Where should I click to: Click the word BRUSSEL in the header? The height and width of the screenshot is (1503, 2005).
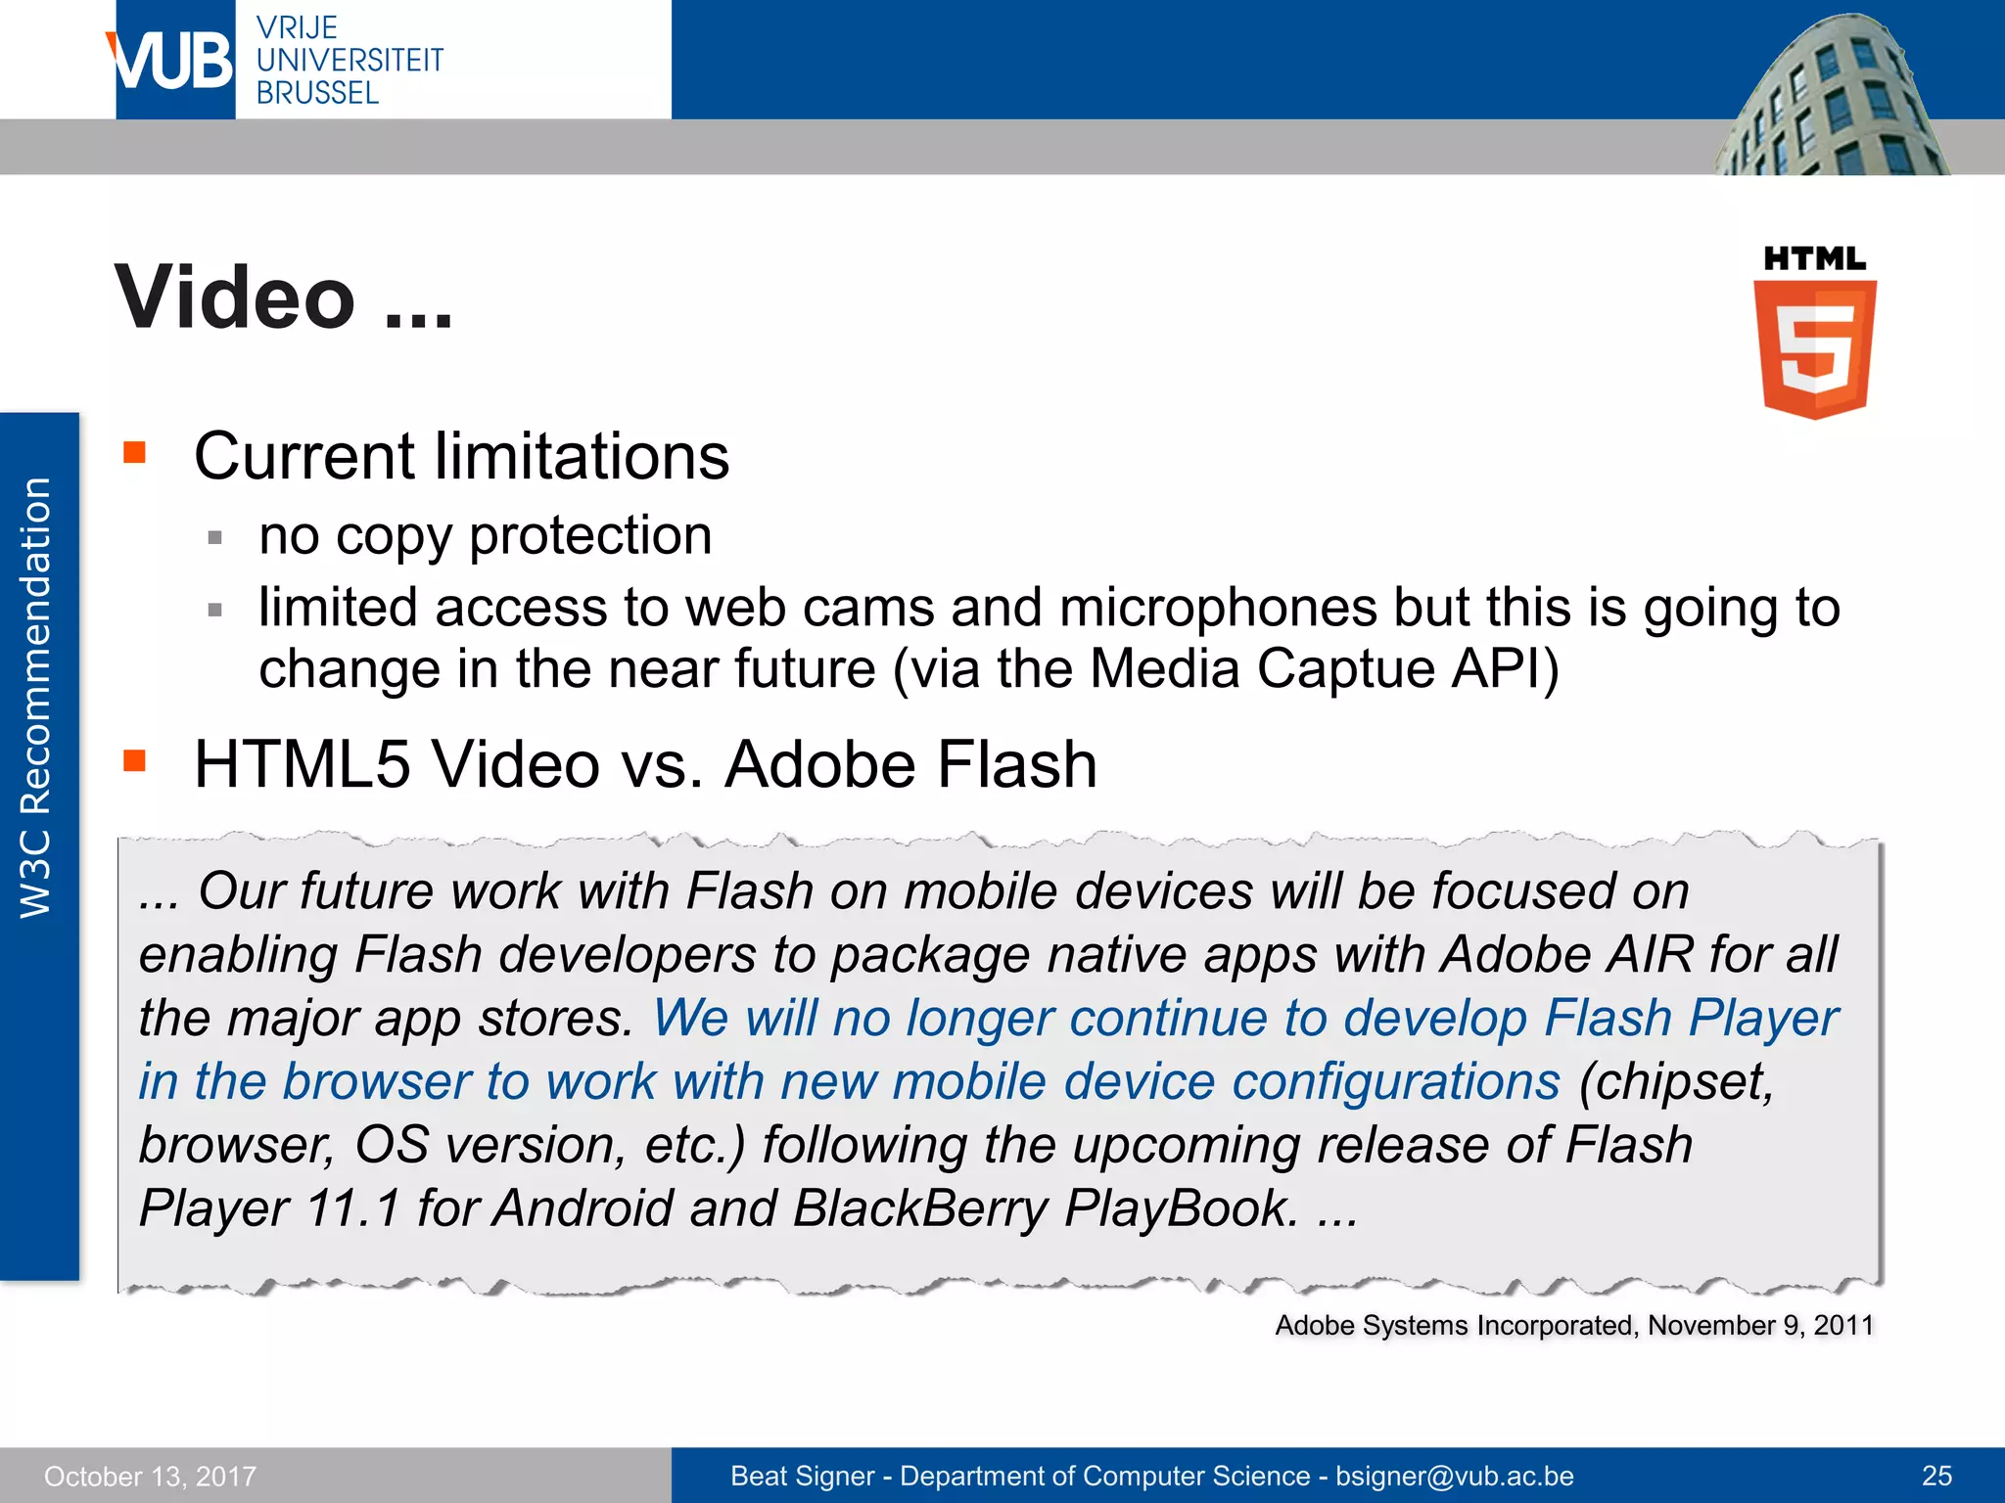click(x=317, y=94)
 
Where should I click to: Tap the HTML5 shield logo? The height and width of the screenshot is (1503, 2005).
click(x=1814, y=347)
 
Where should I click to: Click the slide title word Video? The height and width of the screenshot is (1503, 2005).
click(x=235, y=297)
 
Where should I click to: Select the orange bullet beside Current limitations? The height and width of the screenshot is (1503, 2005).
click(x=134, y=452)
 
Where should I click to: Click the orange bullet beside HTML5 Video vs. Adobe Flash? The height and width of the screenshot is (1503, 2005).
click(x=134, y=760)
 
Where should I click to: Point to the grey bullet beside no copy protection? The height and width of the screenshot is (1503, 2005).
click(x=215, y=537)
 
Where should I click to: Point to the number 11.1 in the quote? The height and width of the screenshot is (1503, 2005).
click(x=352, y=1208)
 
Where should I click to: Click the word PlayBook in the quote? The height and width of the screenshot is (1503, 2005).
click(x=1179, y=1208)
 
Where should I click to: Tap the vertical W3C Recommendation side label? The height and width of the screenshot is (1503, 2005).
click(x=36, y=698)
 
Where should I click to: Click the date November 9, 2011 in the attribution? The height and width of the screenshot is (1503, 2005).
click(x=1759, y=1326)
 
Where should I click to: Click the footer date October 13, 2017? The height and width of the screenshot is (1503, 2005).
click(x=150, y=1477)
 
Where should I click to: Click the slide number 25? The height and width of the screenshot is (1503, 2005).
click(x=1935, y=1477)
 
